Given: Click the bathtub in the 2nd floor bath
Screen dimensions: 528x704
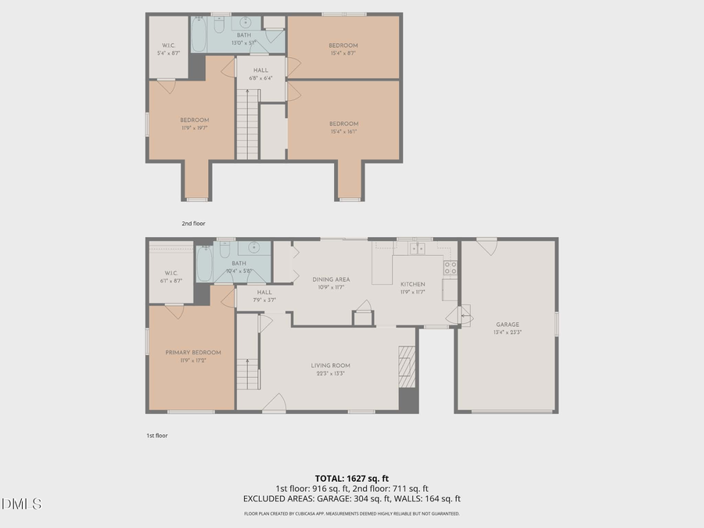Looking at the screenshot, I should point(199,34).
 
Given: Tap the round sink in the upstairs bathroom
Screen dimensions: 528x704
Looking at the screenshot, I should point(245,22).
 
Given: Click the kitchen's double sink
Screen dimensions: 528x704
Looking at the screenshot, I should point(417,249).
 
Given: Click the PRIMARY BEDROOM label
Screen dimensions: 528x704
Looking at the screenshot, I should point(192,353).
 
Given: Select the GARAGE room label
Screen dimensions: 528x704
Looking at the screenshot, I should point(507,325).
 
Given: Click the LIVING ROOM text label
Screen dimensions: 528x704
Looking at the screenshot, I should point(330,365).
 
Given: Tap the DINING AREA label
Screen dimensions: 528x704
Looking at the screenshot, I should point(331,279).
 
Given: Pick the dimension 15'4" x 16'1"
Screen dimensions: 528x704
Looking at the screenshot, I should point(343,132).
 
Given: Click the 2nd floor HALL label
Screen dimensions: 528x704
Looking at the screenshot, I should point(261,70).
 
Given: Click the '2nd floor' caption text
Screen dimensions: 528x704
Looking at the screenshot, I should point(192,224).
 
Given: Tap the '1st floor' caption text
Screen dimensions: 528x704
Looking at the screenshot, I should point(156,435).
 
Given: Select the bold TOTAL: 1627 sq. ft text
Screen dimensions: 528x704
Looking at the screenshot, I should point(351,477).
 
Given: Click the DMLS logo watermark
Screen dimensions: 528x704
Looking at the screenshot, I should point(22,503).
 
